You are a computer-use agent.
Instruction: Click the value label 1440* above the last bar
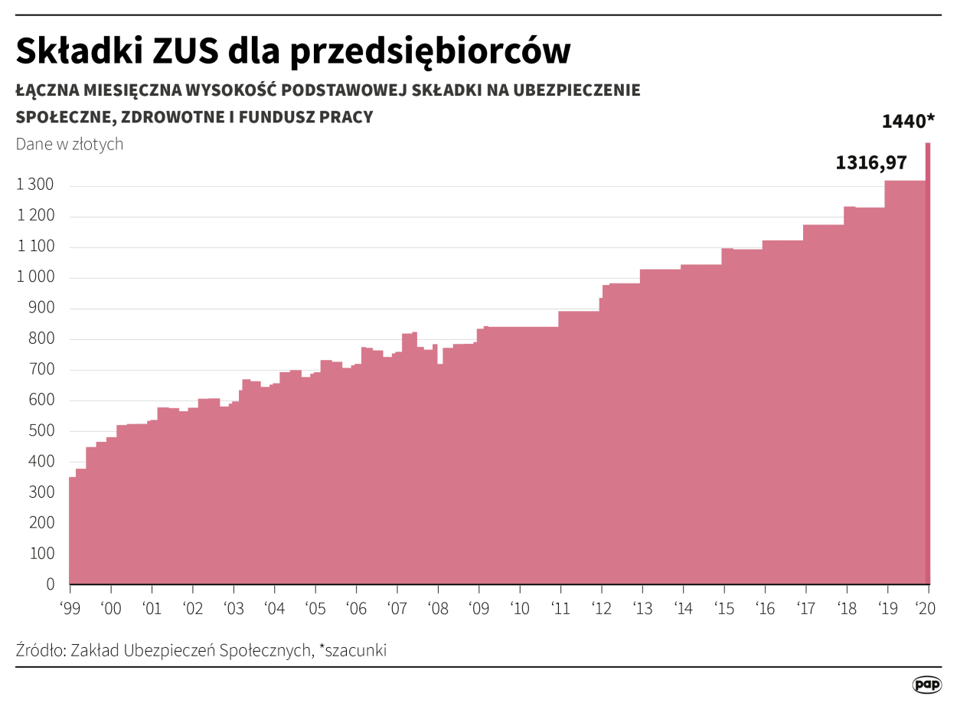(x=908, y=122)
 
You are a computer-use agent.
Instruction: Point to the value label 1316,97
(x=870, y=162)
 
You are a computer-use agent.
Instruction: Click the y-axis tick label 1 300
(x=35, y=185)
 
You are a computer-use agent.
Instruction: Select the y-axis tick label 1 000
(x=35, y=277)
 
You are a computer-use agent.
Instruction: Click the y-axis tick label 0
(x=51, y=584)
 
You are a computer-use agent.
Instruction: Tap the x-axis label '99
(x=70, y=609)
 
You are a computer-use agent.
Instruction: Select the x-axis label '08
(x=437, y=609)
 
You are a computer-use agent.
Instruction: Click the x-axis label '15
(x=723, y=609)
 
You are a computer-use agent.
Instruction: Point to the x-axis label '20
(x=927, y=609)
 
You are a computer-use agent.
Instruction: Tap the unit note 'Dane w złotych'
(x=70, y=144)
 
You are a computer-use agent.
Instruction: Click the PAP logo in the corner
(x=927, y=685)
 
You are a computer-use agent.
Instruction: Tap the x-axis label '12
(x=601, y=609)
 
